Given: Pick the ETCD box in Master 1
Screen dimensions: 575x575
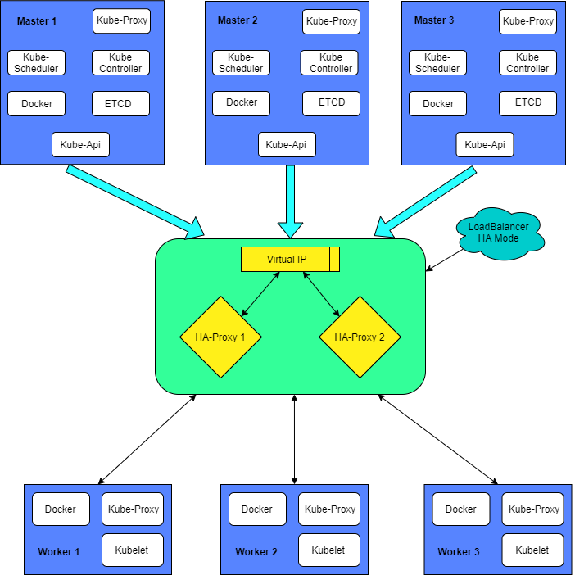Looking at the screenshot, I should pos(122,104).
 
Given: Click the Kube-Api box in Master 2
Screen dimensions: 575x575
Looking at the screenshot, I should pos(287,145).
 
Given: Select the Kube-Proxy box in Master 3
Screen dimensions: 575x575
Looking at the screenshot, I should pos(527,21).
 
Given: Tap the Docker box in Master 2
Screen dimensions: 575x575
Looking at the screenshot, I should pos(241,103).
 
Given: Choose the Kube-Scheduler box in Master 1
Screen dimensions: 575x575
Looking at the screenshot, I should pos(36,63).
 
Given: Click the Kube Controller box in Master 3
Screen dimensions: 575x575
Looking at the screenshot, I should pos(527,63).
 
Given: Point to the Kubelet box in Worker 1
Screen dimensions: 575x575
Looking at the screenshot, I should pos(132,550).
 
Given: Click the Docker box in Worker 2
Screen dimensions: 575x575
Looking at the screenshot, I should pos(257,509).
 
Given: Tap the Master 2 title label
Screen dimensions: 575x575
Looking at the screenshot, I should pos(238,20).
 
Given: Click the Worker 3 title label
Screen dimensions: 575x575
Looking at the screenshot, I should pos(459,552).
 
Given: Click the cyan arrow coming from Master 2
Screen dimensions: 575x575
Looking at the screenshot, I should pos(290,201).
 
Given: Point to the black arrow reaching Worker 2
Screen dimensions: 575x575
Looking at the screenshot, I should pos(294,438).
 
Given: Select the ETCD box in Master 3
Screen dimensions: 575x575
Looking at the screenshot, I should pos(527,103).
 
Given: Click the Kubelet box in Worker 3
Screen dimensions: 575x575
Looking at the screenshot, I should pos(532,550).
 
